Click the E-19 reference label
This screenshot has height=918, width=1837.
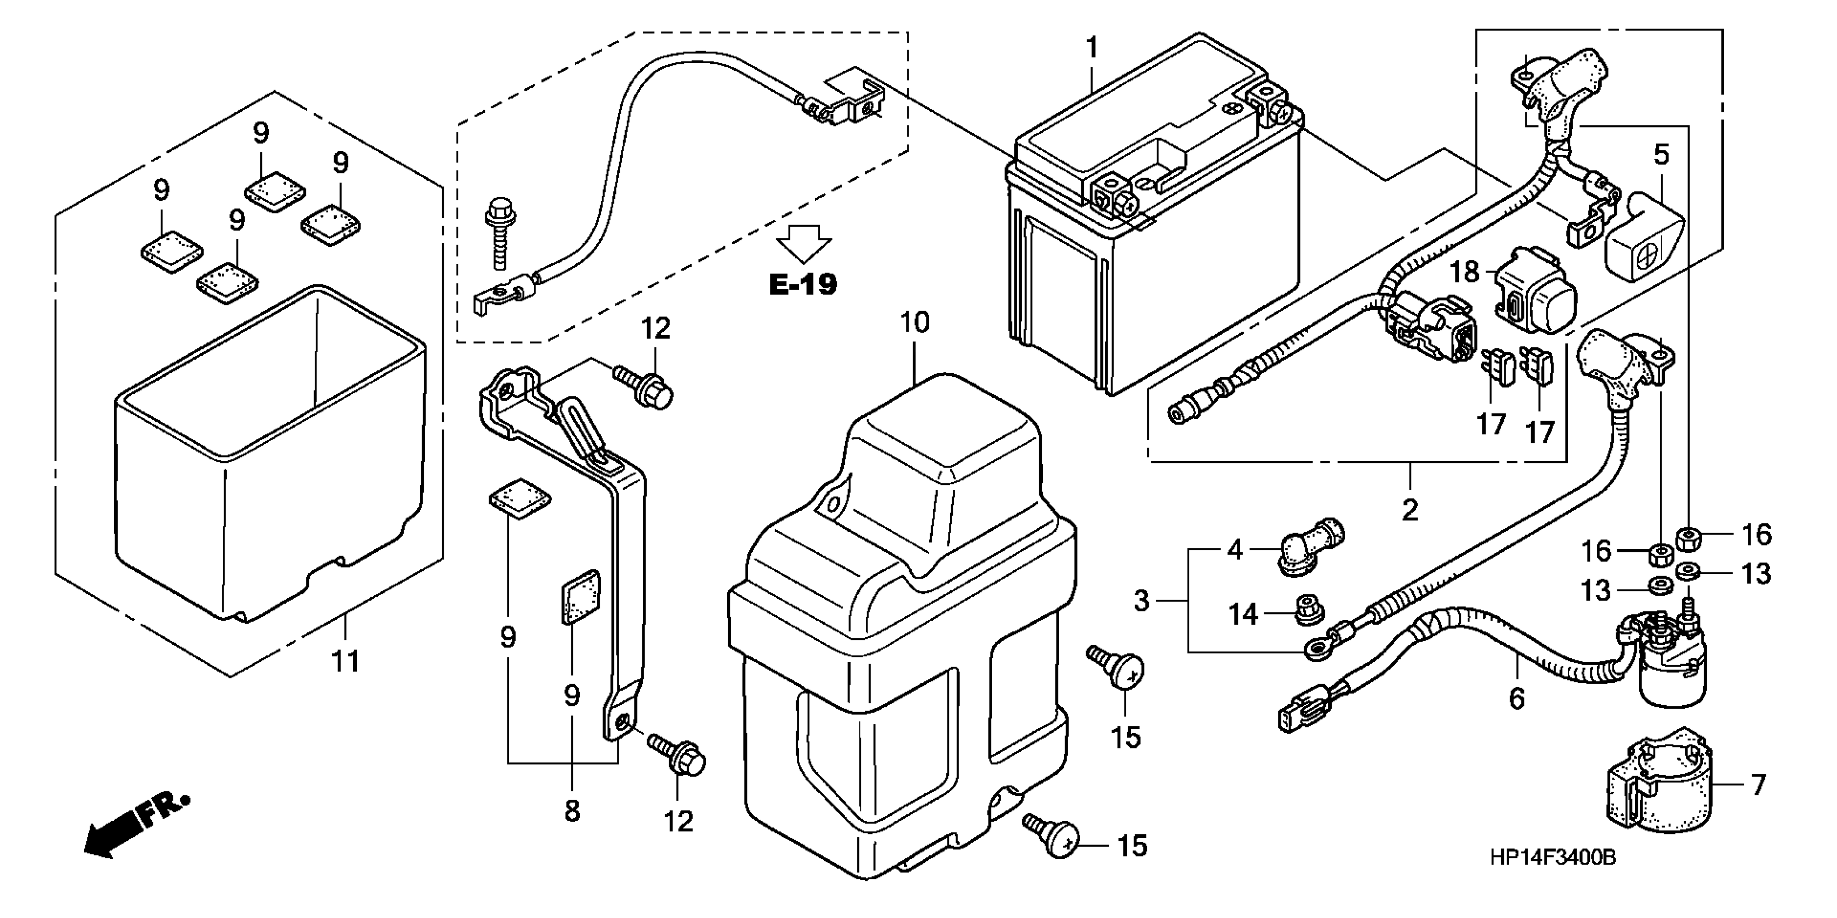pyautogui.click(x=803, y=285)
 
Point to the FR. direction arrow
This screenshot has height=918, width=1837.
pyautogui.click(x=135, y=824)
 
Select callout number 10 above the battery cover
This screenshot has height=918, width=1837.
pyautogui.click(x=915, y=322)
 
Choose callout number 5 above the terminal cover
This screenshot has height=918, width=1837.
pyautogui.click(x=1662, y=154)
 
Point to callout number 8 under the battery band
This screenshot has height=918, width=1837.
pyautogui.click(x=572, y=811)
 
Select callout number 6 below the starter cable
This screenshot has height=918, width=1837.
pyautogui.click(x=1517, y=698)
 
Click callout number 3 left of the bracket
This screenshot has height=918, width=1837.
pyautogui.click(x=1142, y=600)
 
